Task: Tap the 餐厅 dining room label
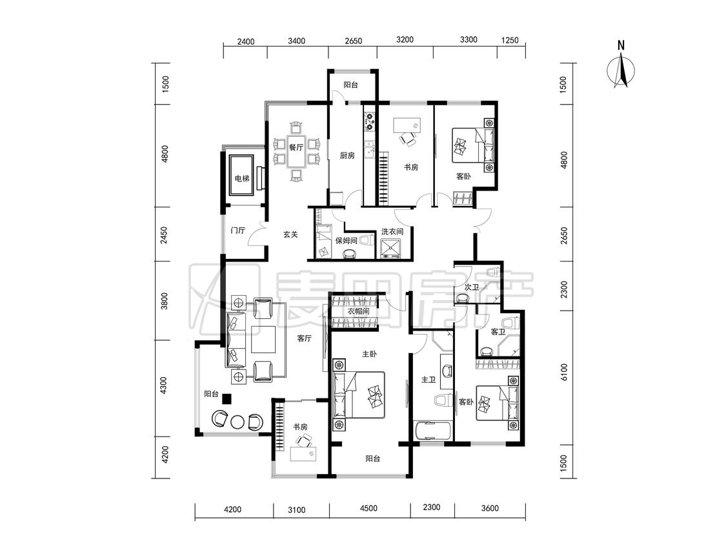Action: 296,147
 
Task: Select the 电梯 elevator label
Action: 242,178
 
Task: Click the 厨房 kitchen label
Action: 347,155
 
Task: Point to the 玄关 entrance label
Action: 290,234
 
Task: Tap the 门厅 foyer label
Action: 237,231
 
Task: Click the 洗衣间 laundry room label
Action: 392,231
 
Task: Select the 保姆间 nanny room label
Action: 346,240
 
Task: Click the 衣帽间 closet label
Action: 358,311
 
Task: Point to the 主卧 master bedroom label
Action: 369,354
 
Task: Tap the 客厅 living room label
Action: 304,339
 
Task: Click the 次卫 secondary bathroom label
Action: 471,287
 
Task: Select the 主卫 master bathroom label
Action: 429,380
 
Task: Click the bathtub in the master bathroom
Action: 434,431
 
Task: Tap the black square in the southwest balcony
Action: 227,398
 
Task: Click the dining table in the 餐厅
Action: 296,151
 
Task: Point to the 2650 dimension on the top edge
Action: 353,41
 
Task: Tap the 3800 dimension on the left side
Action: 165,301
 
